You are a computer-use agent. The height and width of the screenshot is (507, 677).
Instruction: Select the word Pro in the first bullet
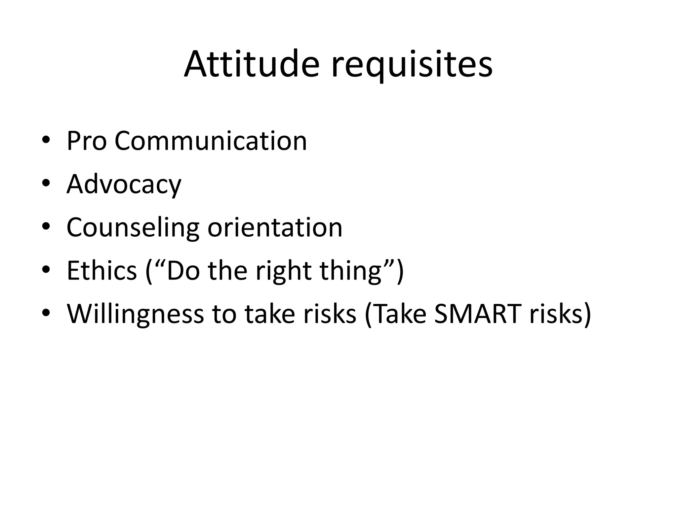87,141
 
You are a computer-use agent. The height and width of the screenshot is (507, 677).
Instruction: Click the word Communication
211,141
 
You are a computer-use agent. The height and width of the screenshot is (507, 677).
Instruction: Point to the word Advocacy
124,185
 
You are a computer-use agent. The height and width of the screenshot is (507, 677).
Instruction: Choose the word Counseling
133,228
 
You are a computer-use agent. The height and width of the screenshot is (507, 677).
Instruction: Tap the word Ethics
102,271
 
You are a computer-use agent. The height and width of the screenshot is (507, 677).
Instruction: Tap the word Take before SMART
401,314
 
